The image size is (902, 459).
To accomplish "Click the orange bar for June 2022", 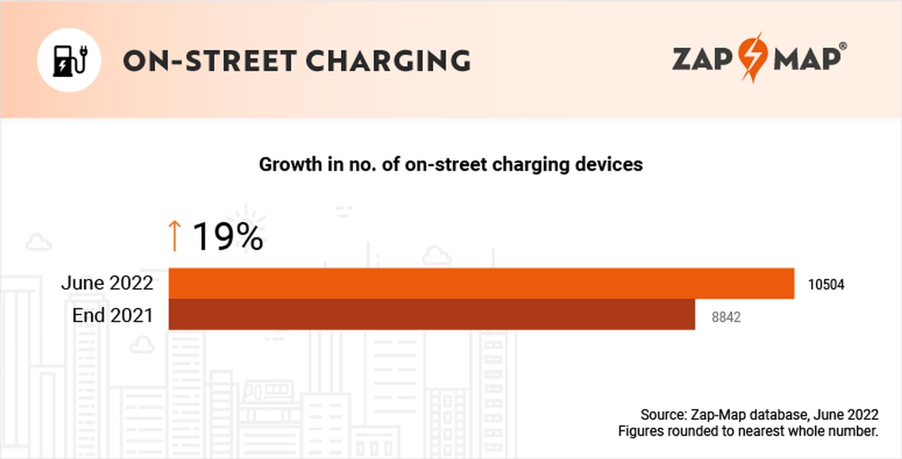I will tap(481, 283).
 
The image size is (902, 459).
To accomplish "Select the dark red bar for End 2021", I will tap(432, 314).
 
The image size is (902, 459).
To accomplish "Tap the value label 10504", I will tap(826, 285).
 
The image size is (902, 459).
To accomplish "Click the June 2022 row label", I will tap(107, 283).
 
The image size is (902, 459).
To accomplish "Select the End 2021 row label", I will tap(113, 316).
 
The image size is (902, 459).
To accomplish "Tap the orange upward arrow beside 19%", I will tap(174, 236).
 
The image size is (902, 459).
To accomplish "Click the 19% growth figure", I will tap(228, 237).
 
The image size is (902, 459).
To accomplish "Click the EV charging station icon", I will tap(69, 60).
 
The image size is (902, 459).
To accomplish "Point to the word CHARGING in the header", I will tap(388, 61).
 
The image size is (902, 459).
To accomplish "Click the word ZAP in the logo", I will tap(702, 60).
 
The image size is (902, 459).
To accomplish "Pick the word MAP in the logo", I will tap(807, 60).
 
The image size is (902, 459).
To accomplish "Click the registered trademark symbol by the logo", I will tap(843, 46).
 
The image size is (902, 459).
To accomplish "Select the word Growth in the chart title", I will tap(290, 164).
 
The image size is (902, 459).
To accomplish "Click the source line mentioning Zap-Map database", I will tap(759, 415).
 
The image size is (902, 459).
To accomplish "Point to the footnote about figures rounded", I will tap(748, 431).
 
